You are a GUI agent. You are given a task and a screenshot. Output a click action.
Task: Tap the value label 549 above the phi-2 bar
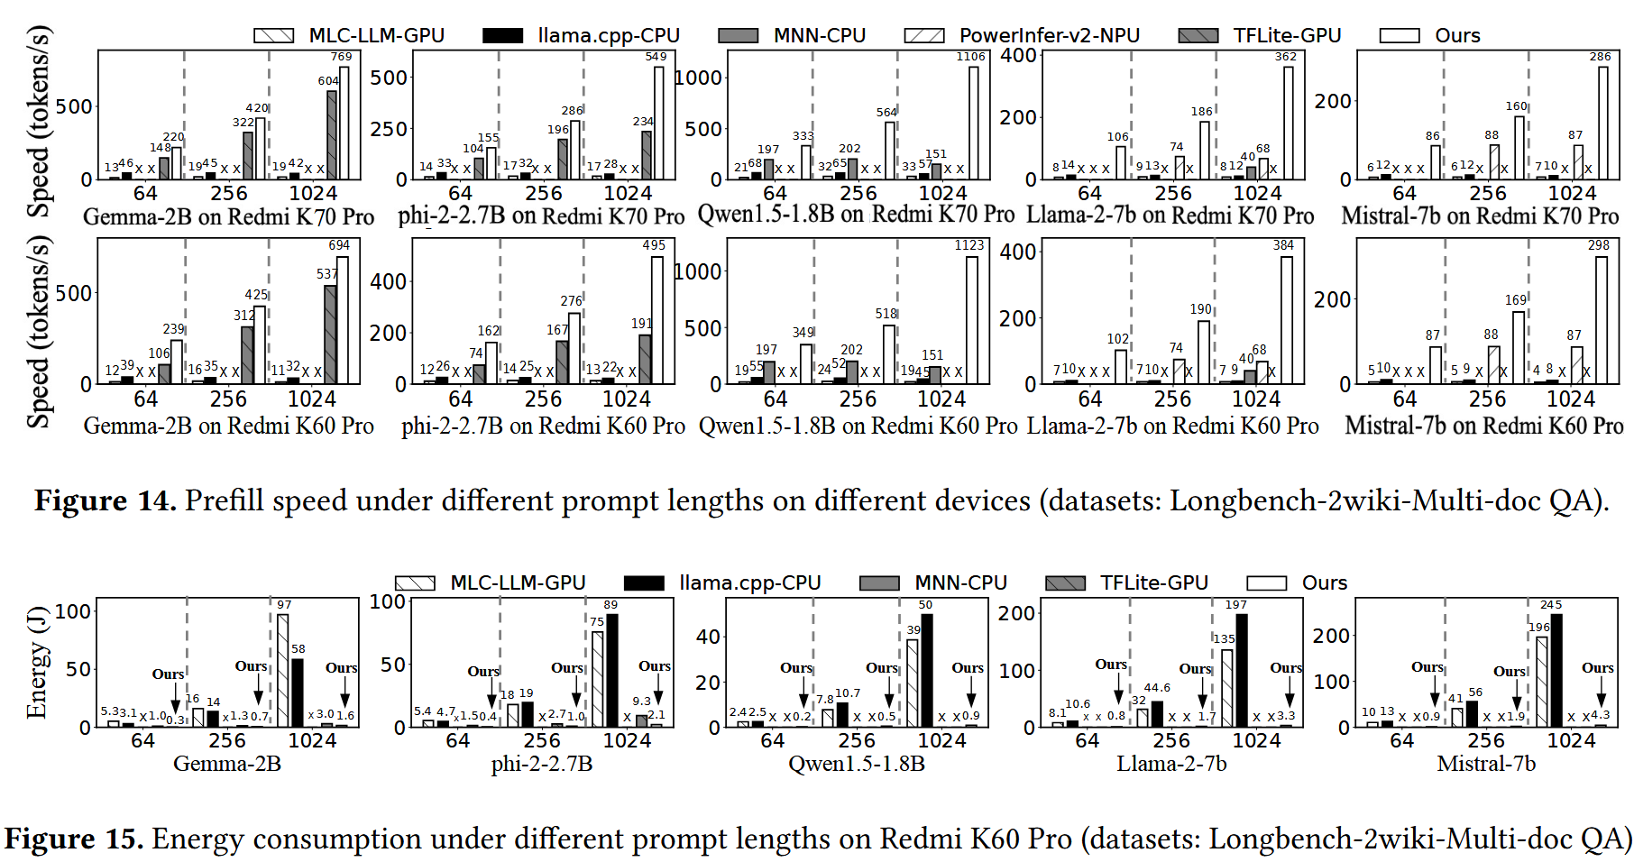point(656,56)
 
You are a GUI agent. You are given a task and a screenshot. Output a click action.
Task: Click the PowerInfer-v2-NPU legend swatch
point(924,35)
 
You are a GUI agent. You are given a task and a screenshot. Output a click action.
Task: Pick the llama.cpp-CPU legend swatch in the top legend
point(502,35)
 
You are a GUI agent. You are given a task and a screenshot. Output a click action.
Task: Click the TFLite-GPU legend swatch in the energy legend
point(1065,582)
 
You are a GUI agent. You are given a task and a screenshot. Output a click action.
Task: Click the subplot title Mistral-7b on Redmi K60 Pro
point(1483,425)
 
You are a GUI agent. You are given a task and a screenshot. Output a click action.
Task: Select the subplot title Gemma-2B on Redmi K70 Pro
point(228,217)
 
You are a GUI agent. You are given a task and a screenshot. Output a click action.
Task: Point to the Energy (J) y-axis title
point(36,668)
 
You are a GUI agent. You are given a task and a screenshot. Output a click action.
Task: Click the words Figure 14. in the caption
point(105,500)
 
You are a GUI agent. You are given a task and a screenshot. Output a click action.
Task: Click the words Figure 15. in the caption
point(74,839)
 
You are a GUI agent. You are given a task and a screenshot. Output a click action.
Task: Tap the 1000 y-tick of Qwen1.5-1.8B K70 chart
point(700,78)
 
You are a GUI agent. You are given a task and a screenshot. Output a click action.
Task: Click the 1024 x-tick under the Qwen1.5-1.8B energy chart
point(941,740)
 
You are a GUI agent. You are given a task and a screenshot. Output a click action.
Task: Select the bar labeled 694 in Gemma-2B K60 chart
point(343,320)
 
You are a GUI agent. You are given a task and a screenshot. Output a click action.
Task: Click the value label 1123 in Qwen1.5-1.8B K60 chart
point(969,245)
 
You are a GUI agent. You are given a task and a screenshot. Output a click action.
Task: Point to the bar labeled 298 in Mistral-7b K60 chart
point(1602,320)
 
